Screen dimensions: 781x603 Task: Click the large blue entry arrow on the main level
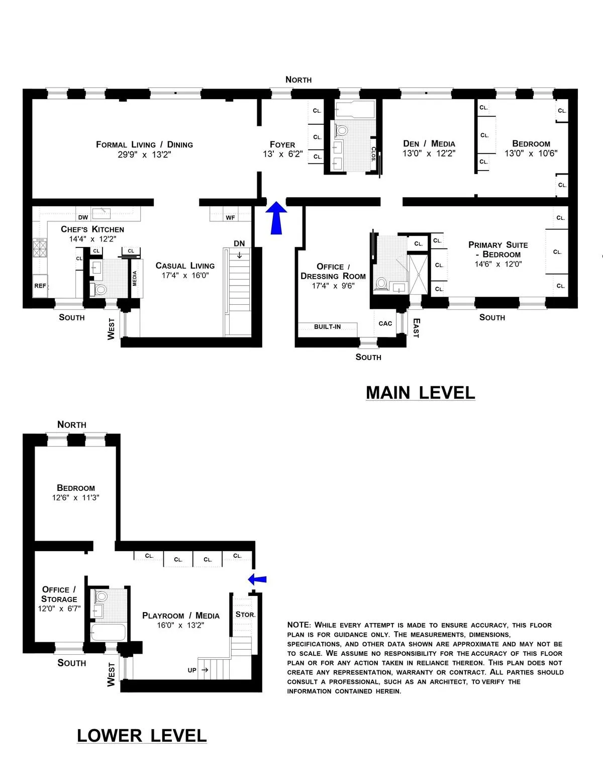tap(275, 218)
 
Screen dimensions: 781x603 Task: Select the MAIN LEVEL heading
tap(420, 393)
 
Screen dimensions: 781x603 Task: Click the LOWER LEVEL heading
tap(142, 736)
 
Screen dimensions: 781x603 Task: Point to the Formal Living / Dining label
tap(144, 144)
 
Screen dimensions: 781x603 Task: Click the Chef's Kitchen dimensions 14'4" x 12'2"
tap(92, 239)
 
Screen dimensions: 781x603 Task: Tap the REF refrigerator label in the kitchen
tap(40, 286)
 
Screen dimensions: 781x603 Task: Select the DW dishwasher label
tap(83, 217)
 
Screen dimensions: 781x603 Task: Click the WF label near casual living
tap(230, 217)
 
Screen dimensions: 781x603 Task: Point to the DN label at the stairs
tap(239, 243)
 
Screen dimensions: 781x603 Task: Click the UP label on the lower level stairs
tap(192, 670)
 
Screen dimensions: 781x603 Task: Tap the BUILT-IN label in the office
tap(327, 327)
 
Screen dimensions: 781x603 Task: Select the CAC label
tap(385, 323)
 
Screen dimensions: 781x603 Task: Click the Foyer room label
tap(282, 144)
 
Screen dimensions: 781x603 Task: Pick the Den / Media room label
tap(429, 144)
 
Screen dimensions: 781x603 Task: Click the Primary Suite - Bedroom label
tap(498, 249)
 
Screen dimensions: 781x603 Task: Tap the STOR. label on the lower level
tap(245, 614)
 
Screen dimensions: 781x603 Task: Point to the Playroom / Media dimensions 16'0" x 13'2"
tap(180, 625)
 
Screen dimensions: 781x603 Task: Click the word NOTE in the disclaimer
tap(298, 625)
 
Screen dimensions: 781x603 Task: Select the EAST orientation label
tap(416, 328)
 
